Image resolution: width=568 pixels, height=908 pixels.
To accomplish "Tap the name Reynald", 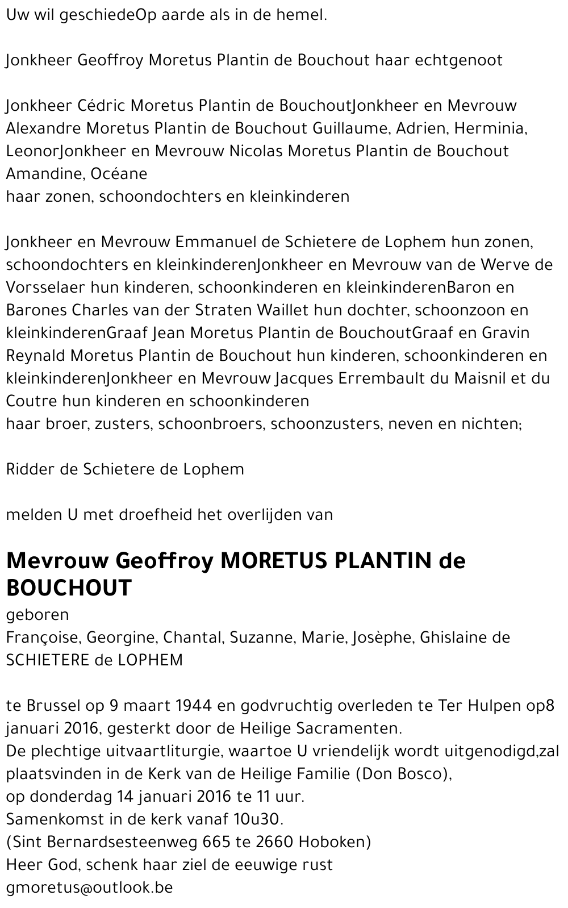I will (36, 356).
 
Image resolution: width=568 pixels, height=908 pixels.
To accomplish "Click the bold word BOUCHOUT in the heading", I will (69, 588).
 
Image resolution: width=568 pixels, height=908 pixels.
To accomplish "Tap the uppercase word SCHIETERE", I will (47, 660).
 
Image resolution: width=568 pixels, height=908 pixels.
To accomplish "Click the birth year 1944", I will (194, 706).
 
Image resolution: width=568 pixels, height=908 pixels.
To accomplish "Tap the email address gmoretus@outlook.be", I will (89, 888).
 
